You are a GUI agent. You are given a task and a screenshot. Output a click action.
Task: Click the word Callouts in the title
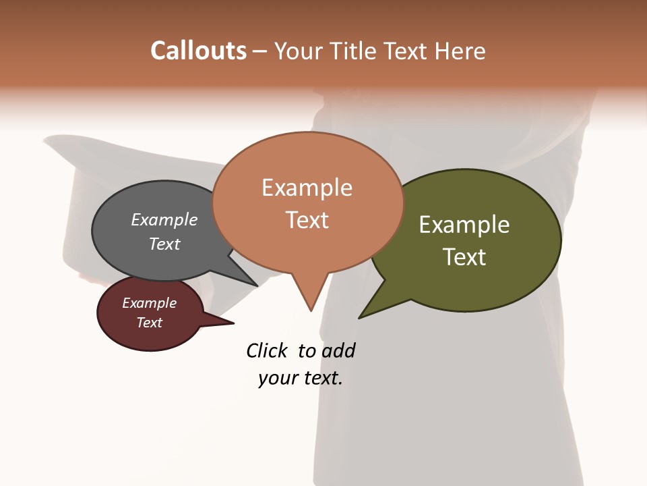(198, 51)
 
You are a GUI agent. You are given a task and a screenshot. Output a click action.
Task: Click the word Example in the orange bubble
(307, 188)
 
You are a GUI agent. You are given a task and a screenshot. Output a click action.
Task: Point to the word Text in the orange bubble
(307, 220)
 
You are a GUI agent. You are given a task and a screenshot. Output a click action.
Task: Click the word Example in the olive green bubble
(464, 225)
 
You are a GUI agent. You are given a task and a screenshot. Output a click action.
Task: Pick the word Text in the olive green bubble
(464, 257)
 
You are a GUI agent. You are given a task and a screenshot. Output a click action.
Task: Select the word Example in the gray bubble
(164, 220)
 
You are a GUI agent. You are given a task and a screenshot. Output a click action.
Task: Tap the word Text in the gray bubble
(164, 244)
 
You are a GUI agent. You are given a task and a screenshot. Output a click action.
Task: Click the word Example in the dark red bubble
(149, 303)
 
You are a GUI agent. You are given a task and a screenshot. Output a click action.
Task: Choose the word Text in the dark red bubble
(149, 323)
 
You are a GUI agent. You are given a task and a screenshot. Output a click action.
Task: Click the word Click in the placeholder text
(268, 350)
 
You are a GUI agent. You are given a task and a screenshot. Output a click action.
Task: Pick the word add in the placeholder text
(338, 350)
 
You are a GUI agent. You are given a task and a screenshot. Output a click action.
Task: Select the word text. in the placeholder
(320, 378)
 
